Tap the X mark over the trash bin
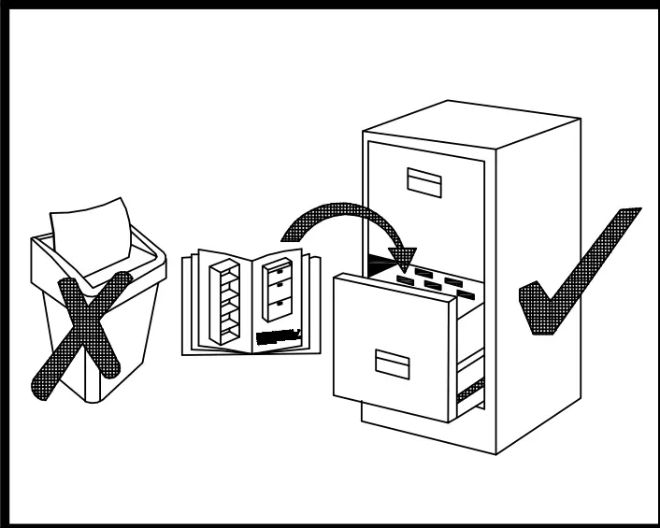click(79, 332)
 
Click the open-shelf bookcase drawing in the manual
click(225, 301)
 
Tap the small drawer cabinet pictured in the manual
click(279, 291)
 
